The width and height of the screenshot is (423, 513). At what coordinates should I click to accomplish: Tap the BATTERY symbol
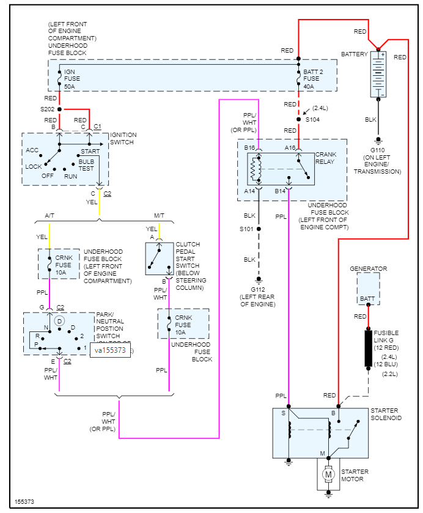coord(378,75)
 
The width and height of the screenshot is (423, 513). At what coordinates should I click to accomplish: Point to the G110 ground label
coord(378,152)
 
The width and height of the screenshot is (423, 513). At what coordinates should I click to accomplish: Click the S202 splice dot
coord(59,109)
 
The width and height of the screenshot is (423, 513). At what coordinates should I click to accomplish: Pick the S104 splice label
coord(313,119)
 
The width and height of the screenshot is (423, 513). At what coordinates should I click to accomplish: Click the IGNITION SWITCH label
coord(123,138)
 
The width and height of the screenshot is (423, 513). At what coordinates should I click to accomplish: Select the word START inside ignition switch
coord(90,150)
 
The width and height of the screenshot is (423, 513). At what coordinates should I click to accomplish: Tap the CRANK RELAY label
coord(326,158)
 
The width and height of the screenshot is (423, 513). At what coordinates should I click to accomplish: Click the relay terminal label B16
coord(249,148)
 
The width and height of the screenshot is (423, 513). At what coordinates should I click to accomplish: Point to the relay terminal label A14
coord(249,191)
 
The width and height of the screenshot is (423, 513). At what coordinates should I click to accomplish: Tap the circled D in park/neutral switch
coord(59,320)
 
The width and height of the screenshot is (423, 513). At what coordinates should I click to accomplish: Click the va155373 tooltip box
coord(110,350)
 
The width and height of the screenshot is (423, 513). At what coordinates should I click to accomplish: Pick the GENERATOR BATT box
coord(368,289)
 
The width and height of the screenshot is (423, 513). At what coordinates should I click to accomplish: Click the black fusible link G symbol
coord(368,349)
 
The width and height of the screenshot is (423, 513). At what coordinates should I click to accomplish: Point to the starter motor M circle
coord(328,474)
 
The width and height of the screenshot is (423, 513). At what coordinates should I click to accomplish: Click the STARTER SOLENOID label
coord(386,414)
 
